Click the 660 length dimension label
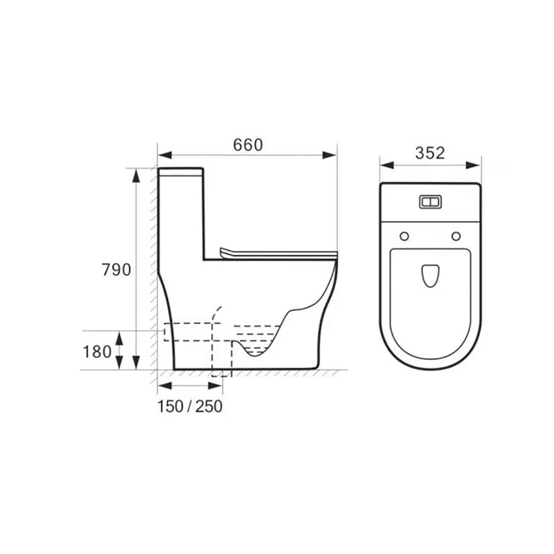pyautogui.click(x=248, y=145)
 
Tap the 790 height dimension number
pyautogui.click(x=116, y=269)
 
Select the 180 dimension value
pyautogui.click(x=97, y=352)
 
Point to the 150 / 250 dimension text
pyautogui.click(x=190, y=406)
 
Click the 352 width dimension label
pyautogui.click(x=430, y=153)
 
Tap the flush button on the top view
pyautogui.click(x=430, y=202)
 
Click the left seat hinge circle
pyautogui.click(x=404, y=236)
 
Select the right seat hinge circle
pyautogui.click(x=456, y=236)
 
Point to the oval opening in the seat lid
pyautogui.click(x=430, y=276)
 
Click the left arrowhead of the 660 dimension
pyautogui.click(x=165, y=155)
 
